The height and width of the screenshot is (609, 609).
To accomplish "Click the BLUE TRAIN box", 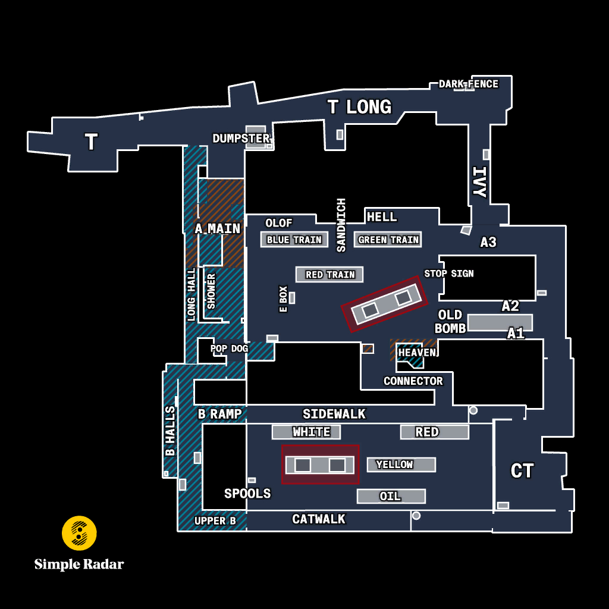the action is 294,240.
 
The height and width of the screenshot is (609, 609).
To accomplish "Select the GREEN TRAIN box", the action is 388,240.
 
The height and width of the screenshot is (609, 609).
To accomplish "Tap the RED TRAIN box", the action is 329,275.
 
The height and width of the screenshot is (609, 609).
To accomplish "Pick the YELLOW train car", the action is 401,464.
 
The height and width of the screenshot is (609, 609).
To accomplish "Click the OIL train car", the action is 391,496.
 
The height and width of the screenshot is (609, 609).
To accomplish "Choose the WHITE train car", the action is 306,432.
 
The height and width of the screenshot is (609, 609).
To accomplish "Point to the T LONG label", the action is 359,107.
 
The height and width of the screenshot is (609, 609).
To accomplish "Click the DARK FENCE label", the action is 469,84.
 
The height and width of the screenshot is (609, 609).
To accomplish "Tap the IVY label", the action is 479,182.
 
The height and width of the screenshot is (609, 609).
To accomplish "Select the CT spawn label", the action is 522,471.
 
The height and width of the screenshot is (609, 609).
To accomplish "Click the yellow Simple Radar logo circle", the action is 79,533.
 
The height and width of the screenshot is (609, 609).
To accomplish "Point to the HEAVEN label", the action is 417,352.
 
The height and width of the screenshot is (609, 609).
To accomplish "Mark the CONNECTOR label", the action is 413,381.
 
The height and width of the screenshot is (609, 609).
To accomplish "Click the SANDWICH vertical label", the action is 341,225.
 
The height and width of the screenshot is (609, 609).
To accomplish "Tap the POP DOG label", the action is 229,349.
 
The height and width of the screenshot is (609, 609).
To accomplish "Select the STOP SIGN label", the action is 448,274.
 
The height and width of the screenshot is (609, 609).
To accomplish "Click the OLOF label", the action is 278,223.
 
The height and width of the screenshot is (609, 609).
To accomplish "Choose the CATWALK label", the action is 319,519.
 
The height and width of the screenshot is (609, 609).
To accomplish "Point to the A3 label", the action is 488,243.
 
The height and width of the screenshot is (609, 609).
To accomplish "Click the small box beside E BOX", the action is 292,298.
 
